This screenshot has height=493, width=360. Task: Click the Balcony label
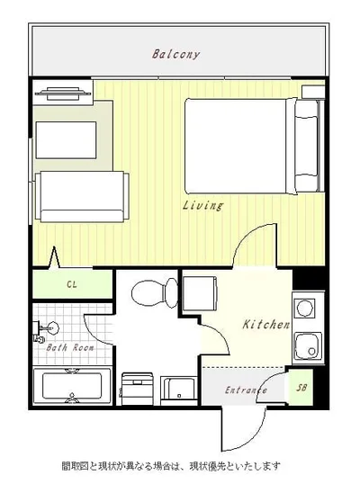175,54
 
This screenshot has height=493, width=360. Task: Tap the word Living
203,205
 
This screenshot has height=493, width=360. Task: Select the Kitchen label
266,325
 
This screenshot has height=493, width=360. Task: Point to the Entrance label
246,390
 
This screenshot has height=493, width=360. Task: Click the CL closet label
72,284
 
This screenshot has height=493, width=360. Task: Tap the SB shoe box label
301,388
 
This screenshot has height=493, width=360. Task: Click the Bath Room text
70,348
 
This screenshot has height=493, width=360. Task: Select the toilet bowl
154,293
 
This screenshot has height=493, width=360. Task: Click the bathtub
72,386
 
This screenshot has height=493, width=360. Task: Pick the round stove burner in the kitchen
304,308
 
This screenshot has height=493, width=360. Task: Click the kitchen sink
308,346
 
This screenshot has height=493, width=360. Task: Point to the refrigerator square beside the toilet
200,294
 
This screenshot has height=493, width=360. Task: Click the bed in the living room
254,147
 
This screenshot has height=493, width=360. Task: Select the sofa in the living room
82,197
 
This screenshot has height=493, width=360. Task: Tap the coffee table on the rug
66,140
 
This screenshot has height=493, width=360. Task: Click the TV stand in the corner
63,93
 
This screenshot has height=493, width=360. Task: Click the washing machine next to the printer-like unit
178,390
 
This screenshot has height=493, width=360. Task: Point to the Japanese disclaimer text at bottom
171,466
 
